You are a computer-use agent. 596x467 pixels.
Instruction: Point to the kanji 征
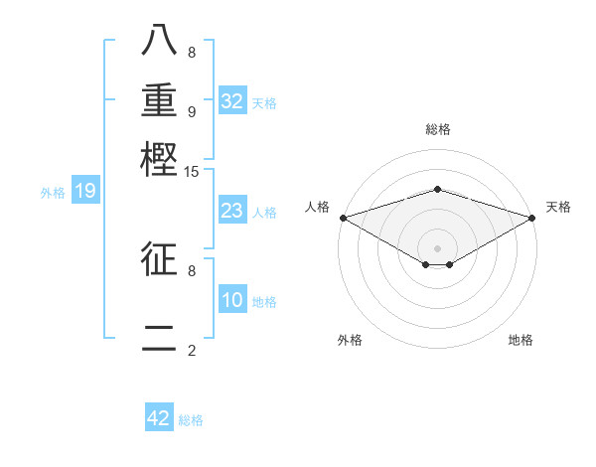coord(159,258)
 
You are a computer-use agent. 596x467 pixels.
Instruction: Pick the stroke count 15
coord(192,172)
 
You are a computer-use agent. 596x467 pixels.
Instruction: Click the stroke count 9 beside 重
coord(192,111)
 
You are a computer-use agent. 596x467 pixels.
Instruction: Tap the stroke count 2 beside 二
coord(192,350)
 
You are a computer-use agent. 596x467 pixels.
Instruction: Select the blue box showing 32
coord(232,100)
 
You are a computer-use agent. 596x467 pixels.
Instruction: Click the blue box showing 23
coord(232,211)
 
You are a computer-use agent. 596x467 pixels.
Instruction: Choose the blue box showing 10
coord(232,301)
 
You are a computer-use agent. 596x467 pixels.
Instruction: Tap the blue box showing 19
coord(84,191)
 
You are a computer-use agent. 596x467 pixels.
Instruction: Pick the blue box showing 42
coord(159,418)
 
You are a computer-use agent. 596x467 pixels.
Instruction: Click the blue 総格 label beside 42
coord(191,420)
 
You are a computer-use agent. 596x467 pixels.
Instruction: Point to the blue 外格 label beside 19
coord(53,193)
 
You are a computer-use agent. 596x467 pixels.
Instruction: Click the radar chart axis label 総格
coord(437,129)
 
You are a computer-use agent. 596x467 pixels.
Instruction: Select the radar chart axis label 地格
coord(521,341)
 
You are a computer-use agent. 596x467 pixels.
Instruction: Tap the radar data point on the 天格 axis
coord(533,217)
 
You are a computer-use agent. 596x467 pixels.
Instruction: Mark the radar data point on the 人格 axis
coord(342,217)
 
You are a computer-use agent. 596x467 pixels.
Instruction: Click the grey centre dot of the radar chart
coord(437,247)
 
